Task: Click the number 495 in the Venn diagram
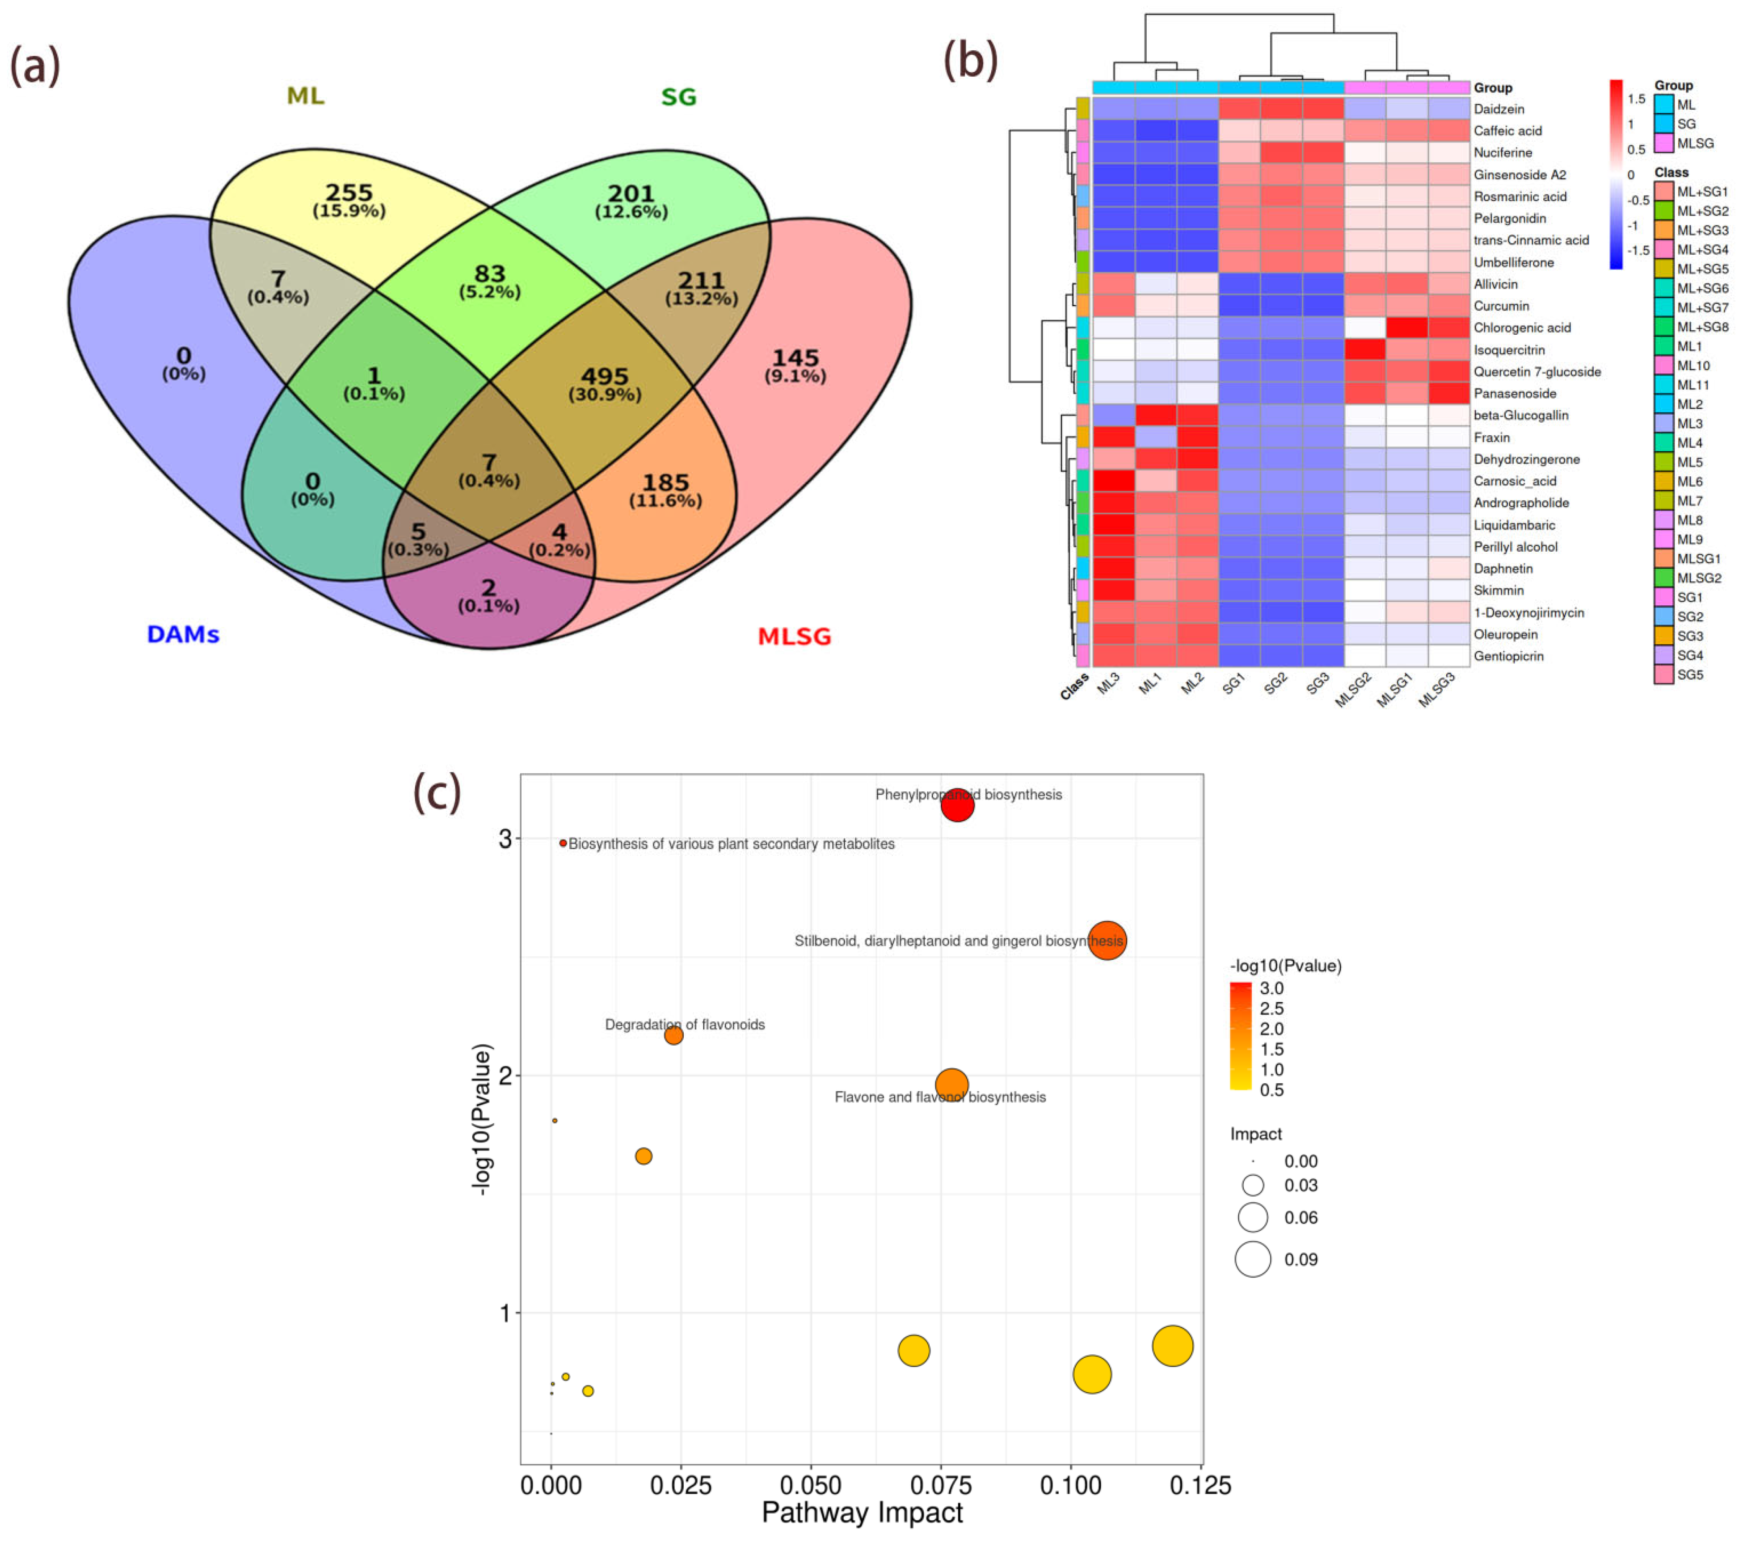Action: tap(604, 376)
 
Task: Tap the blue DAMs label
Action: tap(183, 634)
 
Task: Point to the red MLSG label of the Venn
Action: tap(794, 636)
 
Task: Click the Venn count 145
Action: tap(795, 358)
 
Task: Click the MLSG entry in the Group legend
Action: tap(1695, 143)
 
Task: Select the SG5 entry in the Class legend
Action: tap(1690, 674)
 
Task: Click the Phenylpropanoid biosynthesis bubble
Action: tap(957, 805)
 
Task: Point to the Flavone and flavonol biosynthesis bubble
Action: tap(951, 1085)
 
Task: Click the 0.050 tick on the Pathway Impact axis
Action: tap(811, 1486)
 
